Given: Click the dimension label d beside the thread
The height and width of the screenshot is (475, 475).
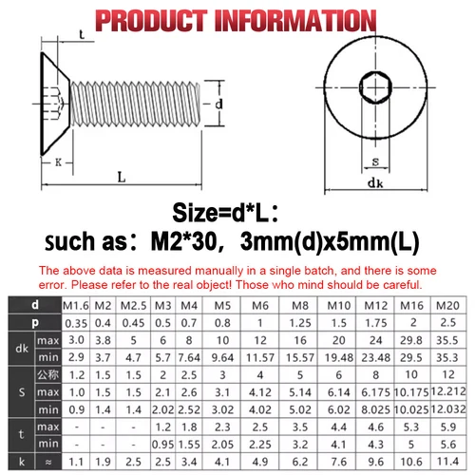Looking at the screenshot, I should coord(218,104).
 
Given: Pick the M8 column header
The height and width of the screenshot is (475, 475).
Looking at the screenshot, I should coord(300,305).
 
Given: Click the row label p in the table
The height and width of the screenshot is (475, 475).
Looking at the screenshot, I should coord(35,322).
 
